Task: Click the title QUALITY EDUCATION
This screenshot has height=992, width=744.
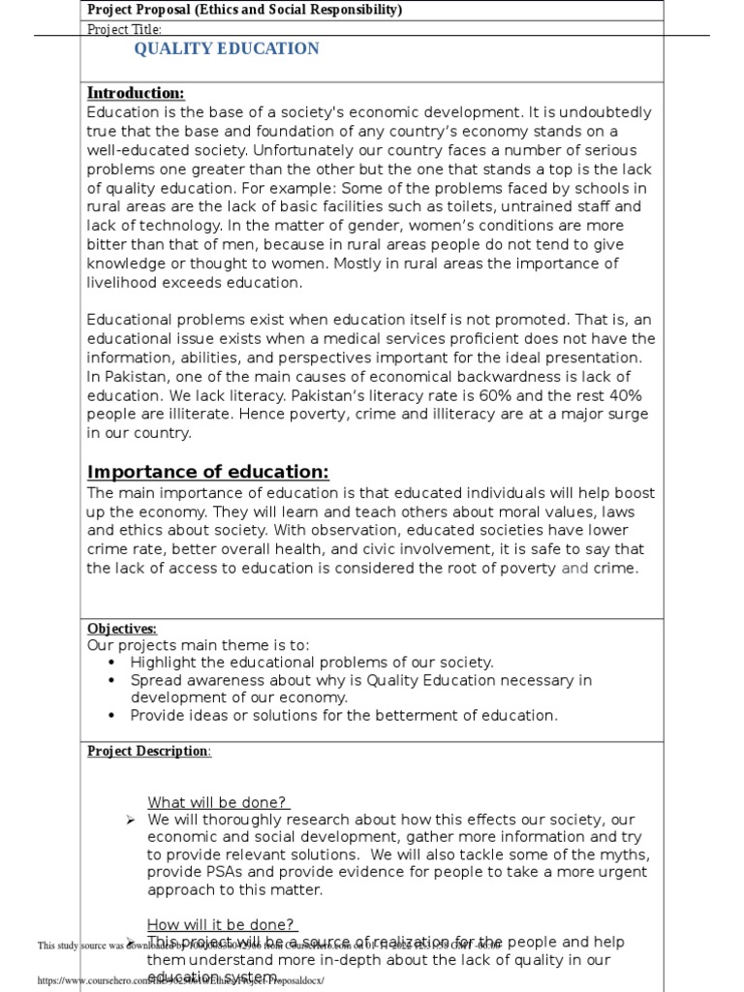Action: [x=226, y=49]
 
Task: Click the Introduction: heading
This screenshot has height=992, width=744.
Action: [x=136, y=93]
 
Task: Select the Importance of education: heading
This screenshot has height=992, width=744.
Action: [x=208, y=472]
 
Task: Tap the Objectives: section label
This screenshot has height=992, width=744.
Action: [x=122, y=629]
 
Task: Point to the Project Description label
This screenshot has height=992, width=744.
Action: [x=148, y=751]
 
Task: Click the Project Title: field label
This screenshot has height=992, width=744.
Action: [x=124, y=29]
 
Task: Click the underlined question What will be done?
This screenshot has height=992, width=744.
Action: [x=219, y=802]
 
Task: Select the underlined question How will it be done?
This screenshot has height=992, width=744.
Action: [x=222, y=924]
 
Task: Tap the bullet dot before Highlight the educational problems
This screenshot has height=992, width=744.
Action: [x=112, y=663]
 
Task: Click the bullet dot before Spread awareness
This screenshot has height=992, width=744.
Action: [x=112, y=680]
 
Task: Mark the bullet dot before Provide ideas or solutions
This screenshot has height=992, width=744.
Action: [x=112, y=716]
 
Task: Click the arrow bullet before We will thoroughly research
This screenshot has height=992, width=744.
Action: [x=130, y=821]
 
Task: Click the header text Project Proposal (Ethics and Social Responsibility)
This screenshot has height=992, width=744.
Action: [x=245, y=10]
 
